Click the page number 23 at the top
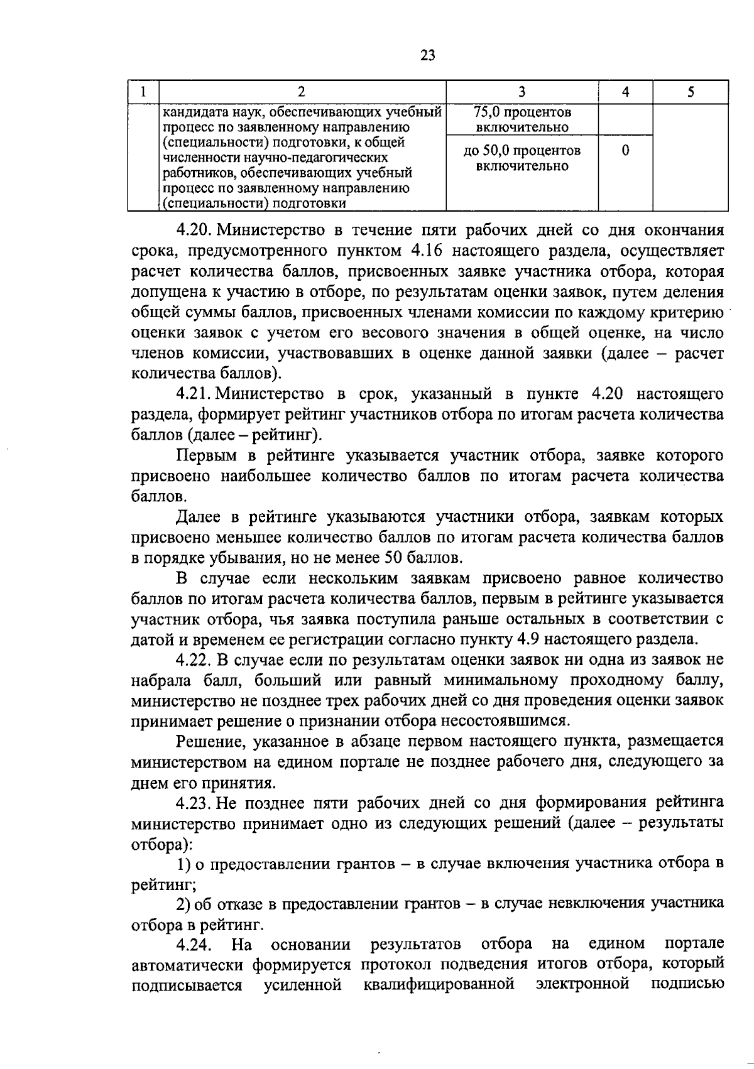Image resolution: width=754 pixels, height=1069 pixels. click(427, 55)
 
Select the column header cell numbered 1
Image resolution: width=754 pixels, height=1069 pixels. click(143, 92)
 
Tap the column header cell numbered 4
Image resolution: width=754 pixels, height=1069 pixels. click(625, 92)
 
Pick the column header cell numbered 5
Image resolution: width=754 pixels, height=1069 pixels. click(691, 92)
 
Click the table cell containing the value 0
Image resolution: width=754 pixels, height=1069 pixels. click(625, 151)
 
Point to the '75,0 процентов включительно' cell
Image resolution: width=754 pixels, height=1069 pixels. click(522, 119)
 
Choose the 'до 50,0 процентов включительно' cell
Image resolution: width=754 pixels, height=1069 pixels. click(522, 158)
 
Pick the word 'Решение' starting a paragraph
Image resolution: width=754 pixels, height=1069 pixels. click(210, 742)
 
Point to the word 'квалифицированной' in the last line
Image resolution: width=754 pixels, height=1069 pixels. click(439, 984)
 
